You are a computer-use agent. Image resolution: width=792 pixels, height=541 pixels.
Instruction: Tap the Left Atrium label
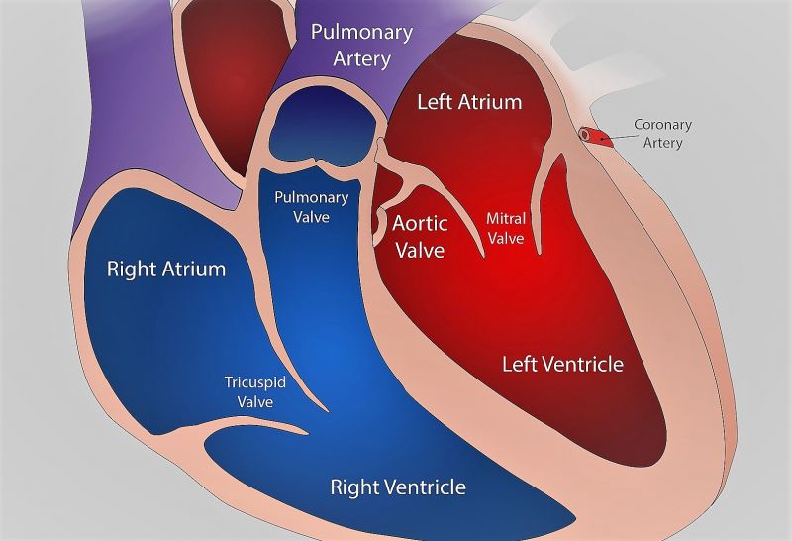(469, 102)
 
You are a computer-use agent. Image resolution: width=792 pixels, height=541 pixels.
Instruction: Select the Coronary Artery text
(662, 134)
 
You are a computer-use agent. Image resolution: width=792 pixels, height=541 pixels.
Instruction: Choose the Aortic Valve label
(420, 235)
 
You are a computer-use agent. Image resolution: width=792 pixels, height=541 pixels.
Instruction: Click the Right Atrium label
(166, 269)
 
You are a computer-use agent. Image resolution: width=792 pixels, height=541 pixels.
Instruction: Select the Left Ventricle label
(562, 364)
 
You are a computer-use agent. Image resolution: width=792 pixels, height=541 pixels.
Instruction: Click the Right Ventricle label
(397, 487)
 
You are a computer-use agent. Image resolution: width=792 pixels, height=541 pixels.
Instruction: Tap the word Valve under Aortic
(420, 249)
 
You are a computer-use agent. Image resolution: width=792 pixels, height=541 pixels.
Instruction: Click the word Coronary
(662, 125)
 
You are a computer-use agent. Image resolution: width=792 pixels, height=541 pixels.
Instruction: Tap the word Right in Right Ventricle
(351, 487)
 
